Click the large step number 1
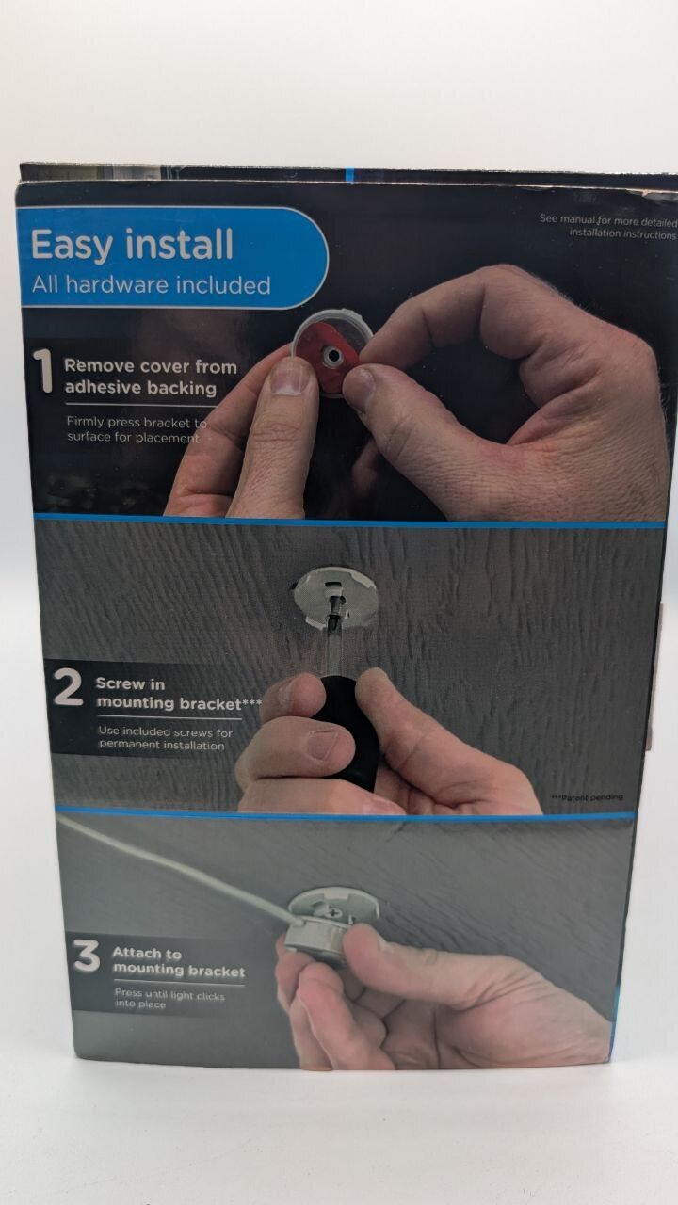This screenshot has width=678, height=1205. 42,372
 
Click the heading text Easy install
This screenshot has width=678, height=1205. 133,244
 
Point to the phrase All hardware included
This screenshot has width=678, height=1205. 152,284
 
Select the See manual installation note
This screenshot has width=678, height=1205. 608,227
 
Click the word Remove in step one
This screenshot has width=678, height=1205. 99,366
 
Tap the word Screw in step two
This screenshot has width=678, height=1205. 120,683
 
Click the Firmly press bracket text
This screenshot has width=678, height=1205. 137,423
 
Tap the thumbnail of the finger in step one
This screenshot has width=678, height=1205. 289,376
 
